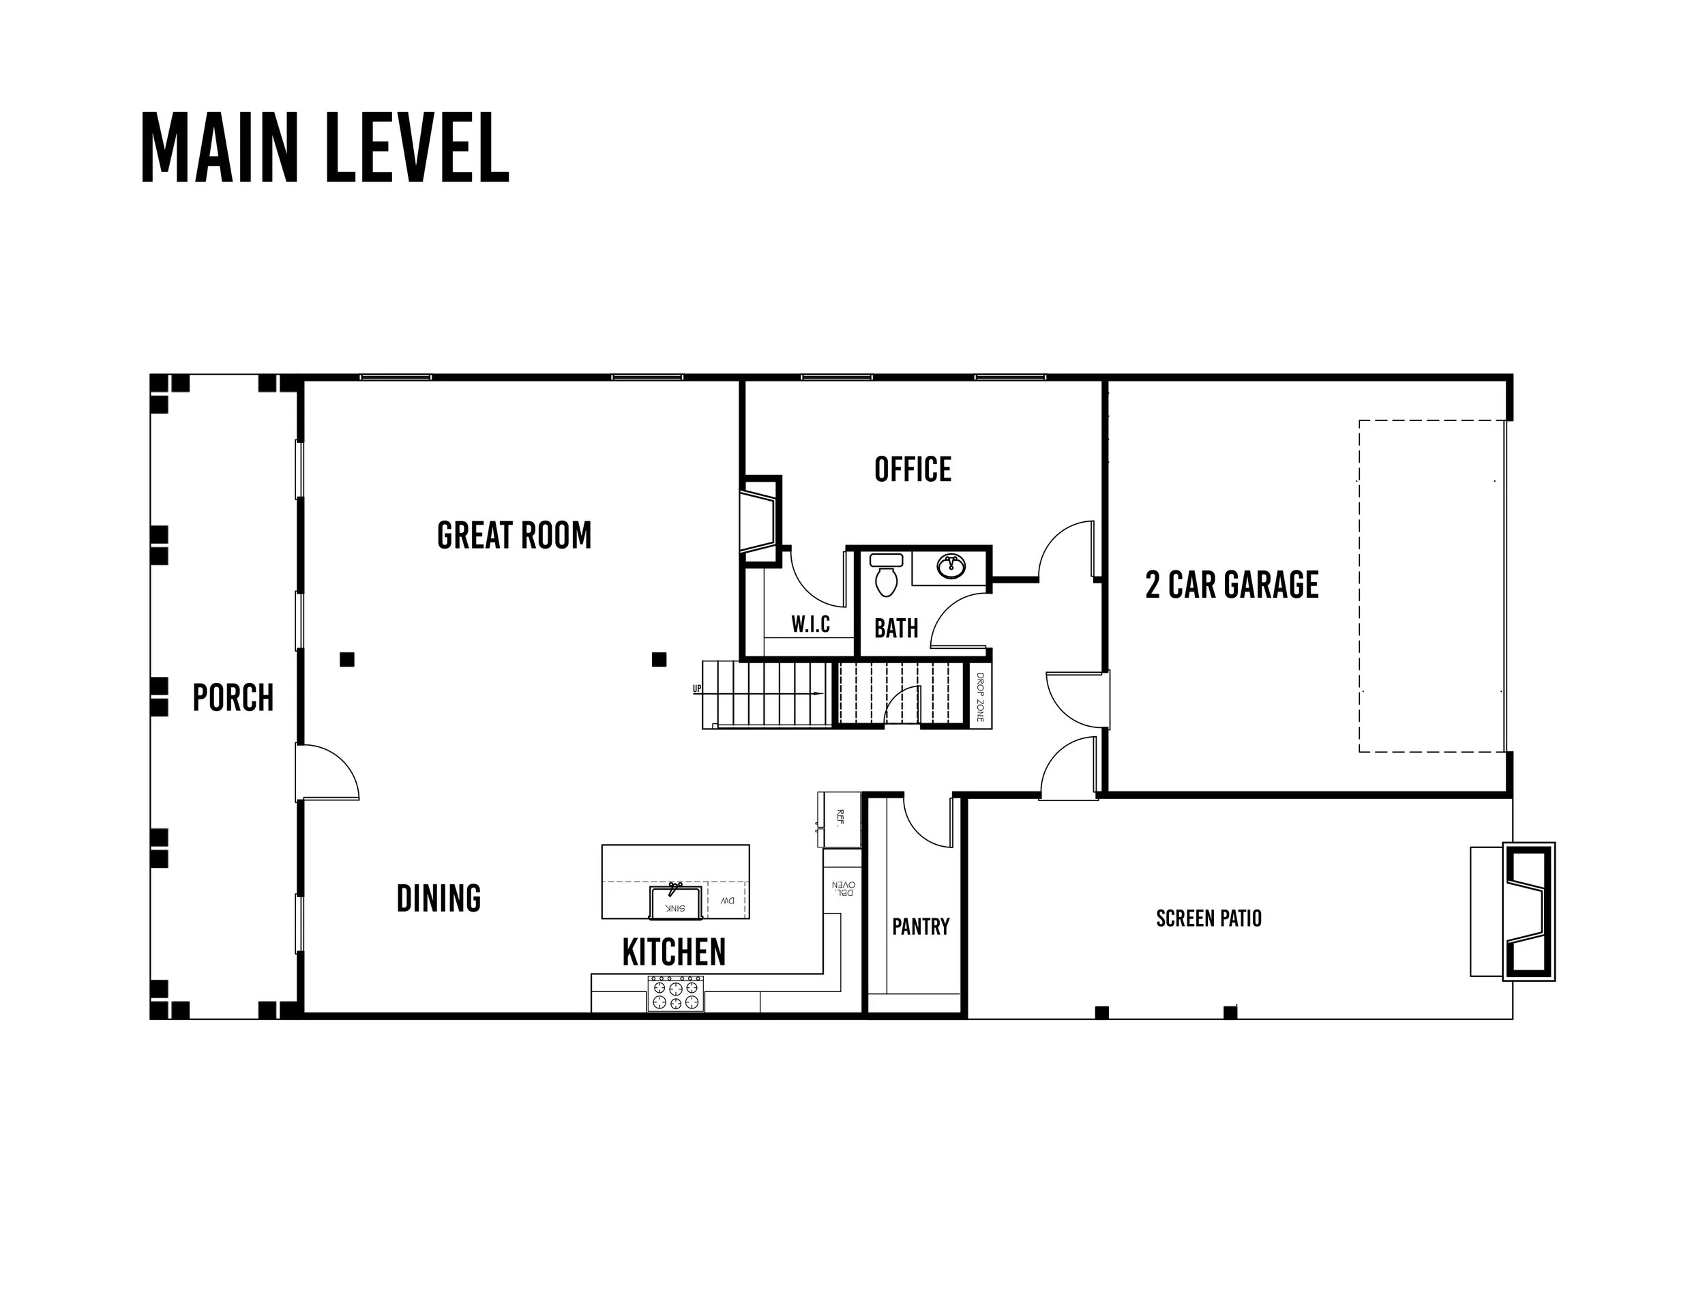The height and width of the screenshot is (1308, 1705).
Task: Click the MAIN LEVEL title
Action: pyautogui.click(x=325, y=148)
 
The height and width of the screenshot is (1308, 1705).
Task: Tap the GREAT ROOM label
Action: pyautogui.click(x=514, y=536)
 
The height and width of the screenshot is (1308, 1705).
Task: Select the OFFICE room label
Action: pyautogui.click(x=913, y=469)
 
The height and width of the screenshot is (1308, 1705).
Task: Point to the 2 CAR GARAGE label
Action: pyautogui.click(x=1232, y=585)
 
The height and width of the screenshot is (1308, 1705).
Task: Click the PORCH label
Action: pyautogui.click(x=233, y=697)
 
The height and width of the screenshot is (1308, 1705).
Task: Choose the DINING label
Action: pyautogui.click(x=439, y=899)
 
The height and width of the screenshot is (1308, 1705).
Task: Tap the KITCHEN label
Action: pyautogui.click(x=674, y=951)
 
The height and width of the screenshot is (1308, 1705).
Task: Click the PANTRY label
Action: pyautogui.click(x=921, y=927)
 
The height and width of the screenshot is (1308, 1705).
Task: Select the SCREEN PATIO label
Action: pyautogui.click(x=1209, y=918)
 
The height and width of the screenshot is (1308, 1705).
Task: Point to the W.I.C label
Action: pyautogui.click(x=811, y=624)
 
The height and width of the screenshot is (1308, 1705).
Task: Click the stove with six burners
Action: pyautogui.click(x=675, y=993)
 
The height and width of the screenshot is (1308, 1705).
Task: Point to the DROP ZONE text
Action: pyautogui.click(x=980, y=697)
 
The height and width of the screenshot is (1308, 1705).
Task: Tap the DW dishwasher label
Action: pyautogui.click(x=727, y=901)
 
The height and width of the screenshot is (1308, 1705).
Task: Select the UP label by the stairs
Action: pyautogui.click(x=697, y=689)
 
